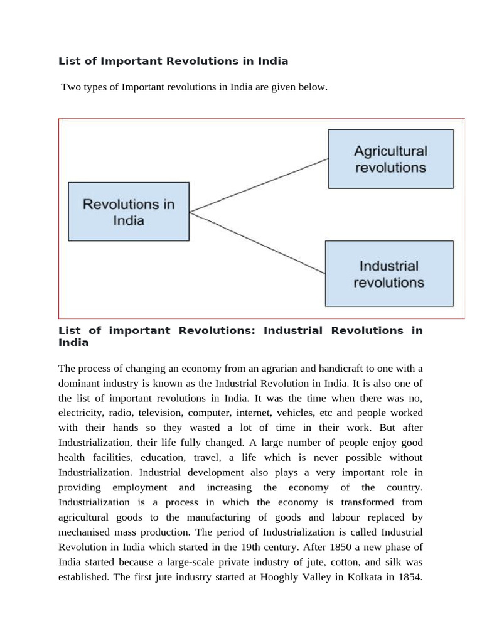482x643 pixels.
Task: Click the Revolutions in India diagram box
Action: click(x=129, y=212)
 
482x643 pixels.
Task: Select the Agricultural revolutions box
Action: click(x=390, y=159)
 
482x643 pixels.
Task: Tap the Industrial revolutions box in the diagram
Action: click(x=388, y=274)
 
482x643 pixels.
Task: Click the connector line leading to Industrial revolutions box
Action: click(x=257, y=243)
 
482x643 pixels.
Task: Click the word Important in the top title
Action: click(x=132, y=61)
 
